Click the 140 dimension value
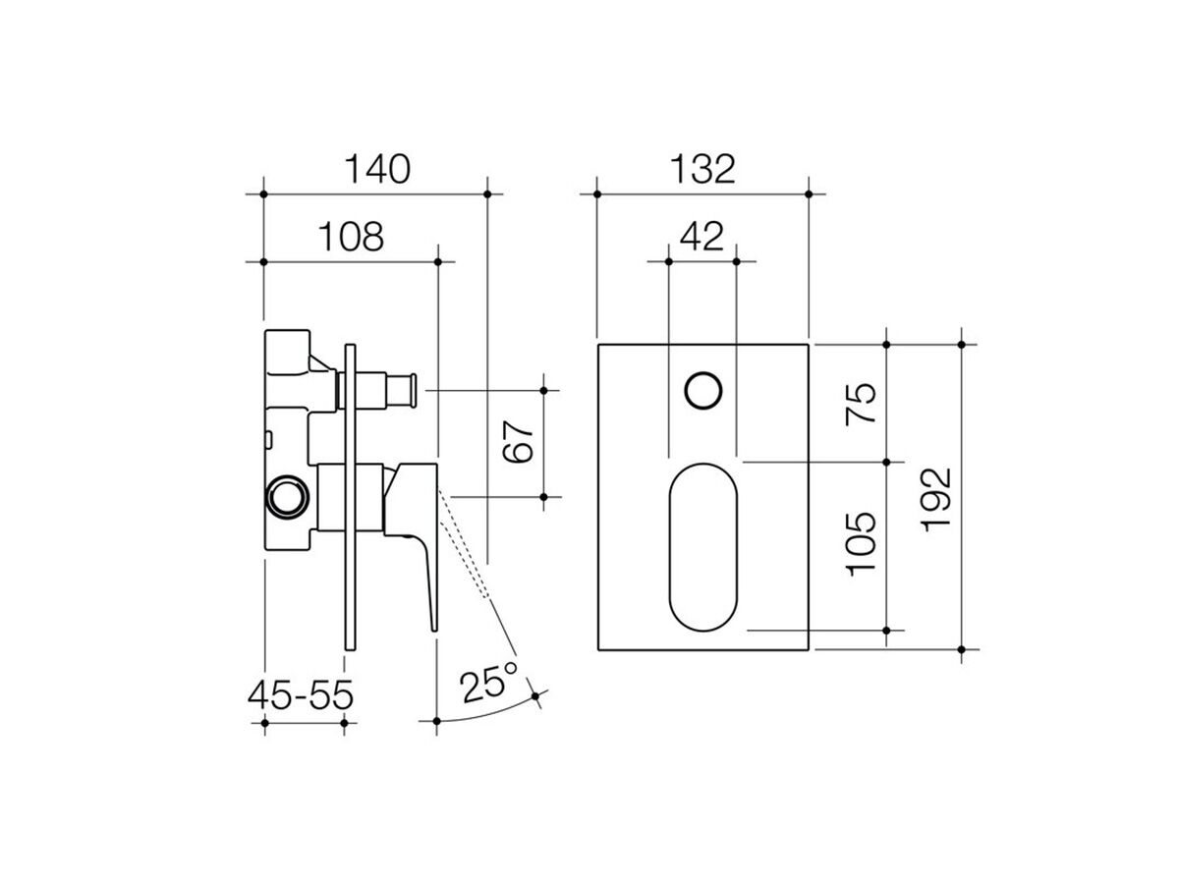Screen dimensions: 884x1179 [x=376, y=169]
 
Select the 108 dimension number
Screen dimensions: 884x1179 [x=351, y=237]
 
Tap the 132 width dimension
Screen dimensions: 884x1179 [x=702, y=169]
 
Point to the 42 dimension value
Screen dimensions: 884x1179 [x=702, y=237]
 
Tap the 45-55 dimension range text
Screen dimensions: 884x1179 [x=301, y=695]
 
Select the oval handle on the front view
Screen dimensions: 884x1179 [x=702, y=545]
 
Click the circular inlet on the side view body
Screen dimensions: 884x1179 [x=288, y=495]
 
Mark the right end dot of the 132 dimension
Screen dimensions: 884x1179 [x=809, y=193]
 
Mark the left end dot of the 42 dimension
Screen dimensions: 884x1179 [x=668, y=261]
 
